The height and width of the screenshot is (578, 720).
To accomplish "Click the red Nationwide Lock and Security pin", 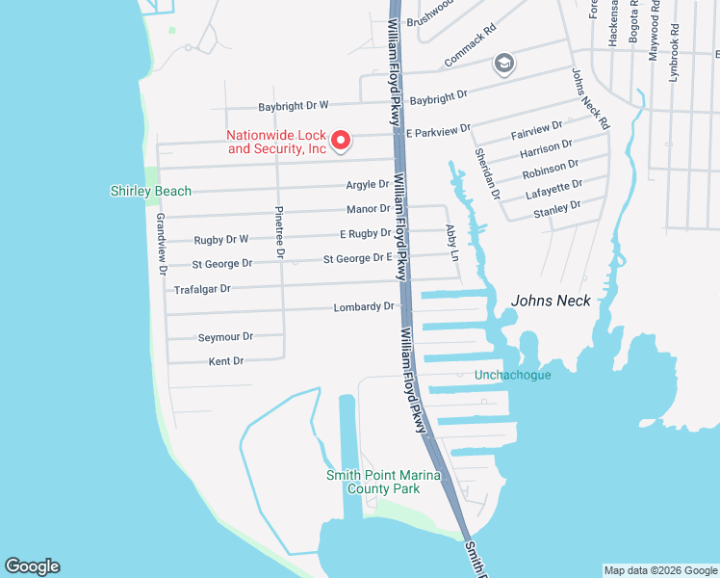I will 339,142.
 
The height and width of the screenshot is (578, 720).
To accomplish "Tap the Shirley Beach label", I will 151,191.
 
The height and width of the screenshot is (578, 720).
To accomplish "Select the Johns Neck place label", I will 551,301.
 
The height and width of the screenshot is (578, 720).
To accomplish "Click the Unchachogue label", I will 512,375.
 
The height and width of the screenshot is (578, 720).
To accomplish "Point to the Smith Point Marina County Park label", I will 383,482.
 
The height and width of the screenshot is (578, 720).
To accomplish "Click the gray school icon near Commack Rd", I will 503,65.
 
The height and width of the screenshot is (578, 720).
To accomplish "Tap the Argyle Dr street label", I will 368,184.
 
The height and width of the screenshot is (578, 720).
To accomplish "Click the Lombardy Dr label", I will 364,306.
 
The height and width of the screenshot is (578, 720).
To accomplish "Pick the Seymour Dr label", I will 225,336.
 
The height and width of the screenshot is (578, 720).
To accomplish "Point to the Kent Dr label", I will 226,361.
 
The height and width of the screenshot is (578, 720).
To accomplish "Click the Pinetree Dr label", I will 279,231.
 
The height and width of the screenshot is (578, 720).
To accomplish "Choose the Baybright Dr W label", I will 293,105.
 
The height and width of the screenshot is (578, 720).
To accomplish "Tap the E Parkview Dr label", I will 437,129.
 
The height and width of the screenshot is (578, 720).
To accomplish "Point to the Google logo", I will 32,566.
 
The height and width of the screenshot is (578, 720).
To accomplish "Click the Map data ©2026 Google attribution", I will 659,570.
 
